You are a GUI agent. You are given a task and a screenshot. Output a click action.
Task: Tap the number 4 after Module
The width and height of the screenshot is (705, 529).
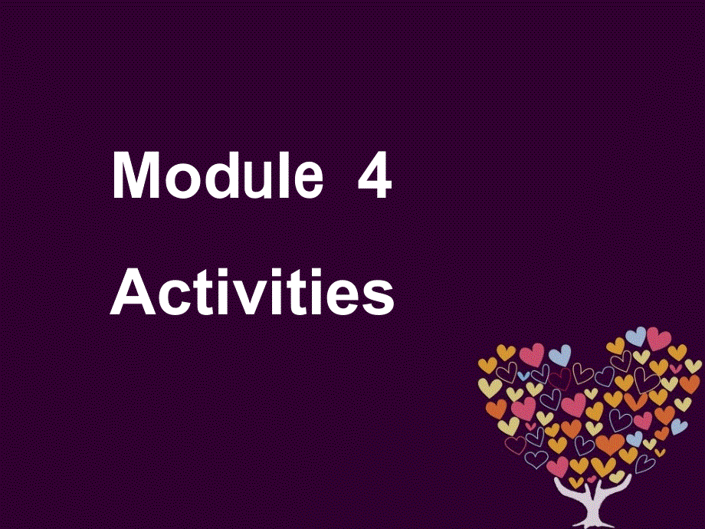374,177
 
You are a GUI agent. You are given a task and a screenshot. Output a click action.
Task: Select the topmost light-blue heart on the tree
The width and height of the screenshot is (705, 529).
636,336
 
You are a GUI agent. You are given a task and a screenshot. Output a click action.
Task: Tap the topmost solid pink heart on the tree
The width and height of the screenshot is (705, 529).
658,337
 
